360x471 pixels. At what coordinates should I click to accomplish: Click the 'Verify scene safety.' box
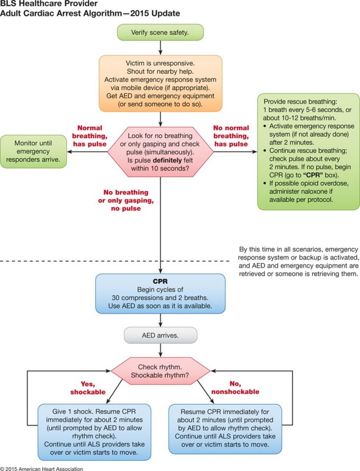pos(160,32)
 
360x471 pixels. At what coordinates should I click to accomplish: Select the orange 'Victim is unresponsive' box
pos(160,83)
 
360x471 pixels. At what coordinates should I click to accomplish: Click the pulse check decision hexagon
pos(160,151)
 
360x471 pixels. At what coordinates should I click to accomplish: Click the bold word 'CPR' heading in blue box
pos(160,281)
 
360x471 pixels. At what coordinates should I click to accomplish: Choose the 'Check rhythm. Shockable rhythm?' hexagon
pos(160,371)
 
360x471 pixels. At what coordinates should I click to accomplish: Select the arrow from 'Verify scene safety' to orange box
pos(160,47)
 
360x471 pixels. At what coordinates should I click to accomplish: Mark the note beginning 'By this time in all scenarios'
pos(297,260)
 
